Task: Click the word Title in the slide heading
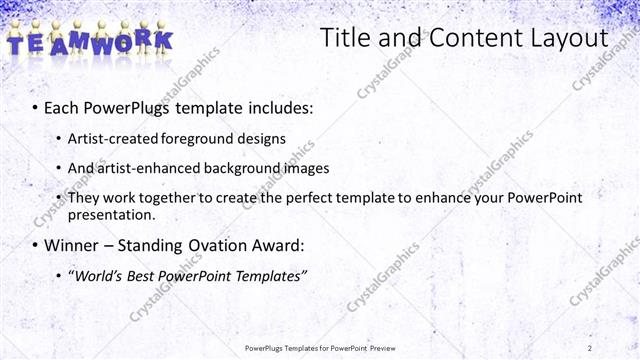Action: (344, 38)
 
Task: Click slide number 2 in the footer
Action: (590, 348)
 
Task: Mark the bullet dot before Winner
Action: (36, 245)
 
